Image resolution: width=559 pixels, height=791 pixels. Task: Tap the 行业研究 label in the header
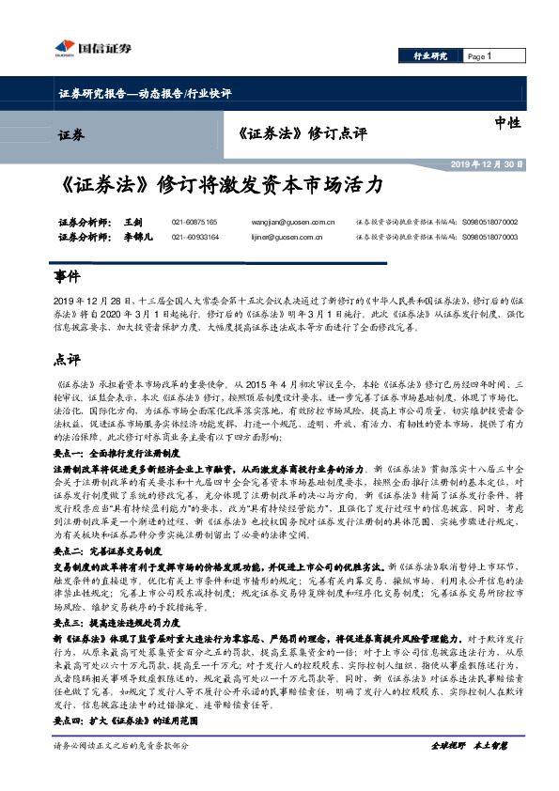(432, 56)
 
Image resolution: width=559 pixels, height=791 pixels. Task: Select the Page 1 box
(482, 56)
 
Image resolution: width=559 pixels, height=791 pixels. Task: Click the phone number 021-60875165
(194, 223)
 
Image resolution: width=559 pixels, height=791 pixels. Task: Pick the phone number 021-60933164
(194, 239)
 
